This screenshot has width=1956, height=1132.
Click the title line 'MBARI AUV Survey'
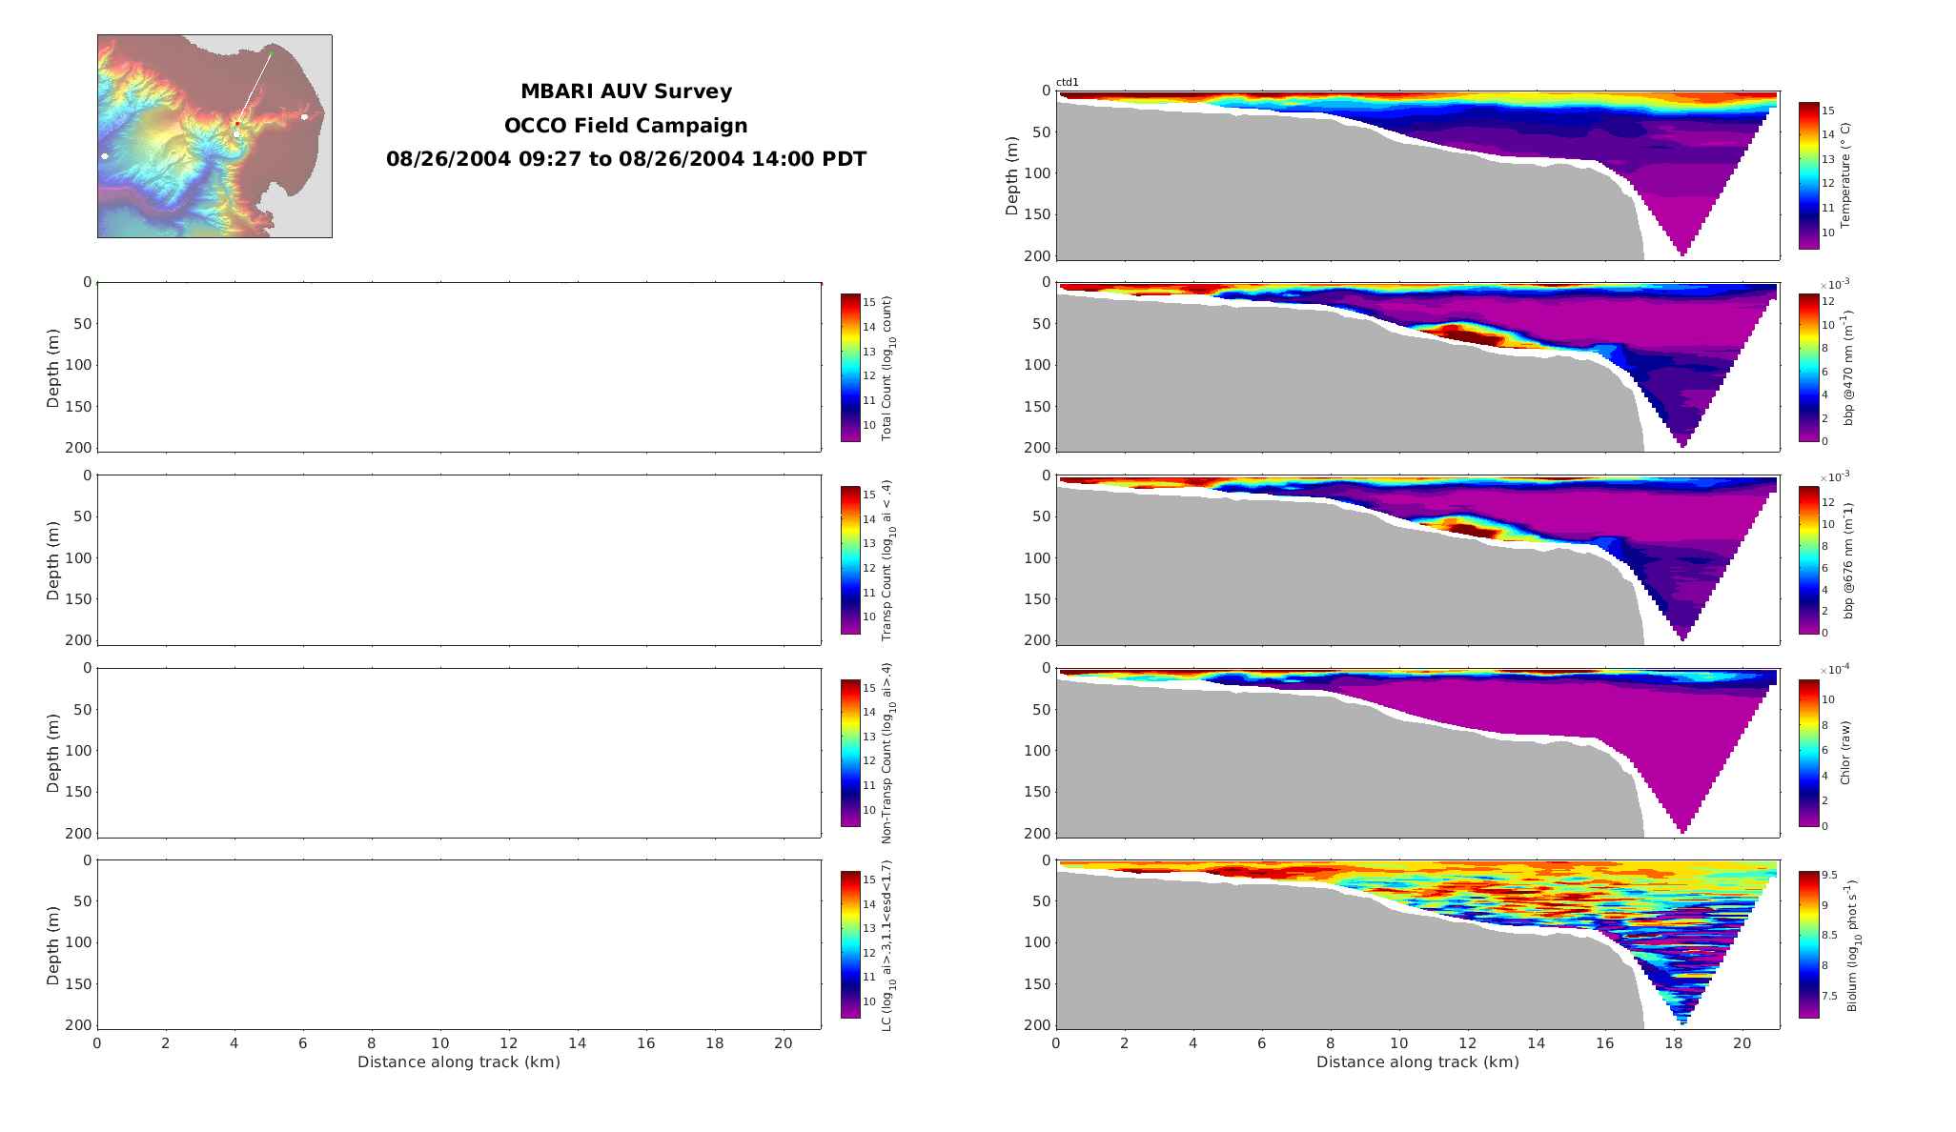point(625,91)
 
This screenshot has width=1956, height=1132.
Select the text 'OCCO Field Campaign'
point(625,126)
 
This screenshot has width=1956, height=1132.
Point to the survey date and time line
point(625,159)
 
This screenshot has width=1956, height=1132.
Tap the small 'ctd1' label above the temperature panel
point(1067,83)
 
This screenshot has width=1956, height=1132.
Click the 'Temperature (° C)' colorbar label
point(1844,175)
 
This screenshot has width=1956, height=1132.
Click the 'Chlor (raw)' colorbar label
point(1844,753)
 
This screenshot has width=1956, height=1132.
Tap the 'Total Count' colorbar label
point(886,368)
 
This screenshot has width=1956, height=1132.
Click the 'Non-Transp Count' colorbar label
point(886,753)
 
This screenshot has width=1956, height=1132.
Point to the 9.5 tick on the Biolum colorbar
point(1829,875)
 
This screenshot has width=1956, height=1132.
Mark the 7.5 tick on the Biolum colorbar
point(1829,996)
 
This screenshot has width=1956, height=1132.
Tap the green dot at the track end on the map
point(270,53)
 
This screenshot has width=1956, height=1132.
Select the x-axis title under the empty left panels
point(458,1061)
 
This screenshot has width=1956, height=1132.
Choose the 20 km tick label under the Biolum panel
point(1742,1043)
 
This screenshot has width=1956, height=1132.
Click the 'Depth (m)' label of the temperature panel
point(1011,175)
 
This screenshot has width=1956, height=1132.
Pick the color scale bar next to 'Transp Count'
point(850,560)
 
